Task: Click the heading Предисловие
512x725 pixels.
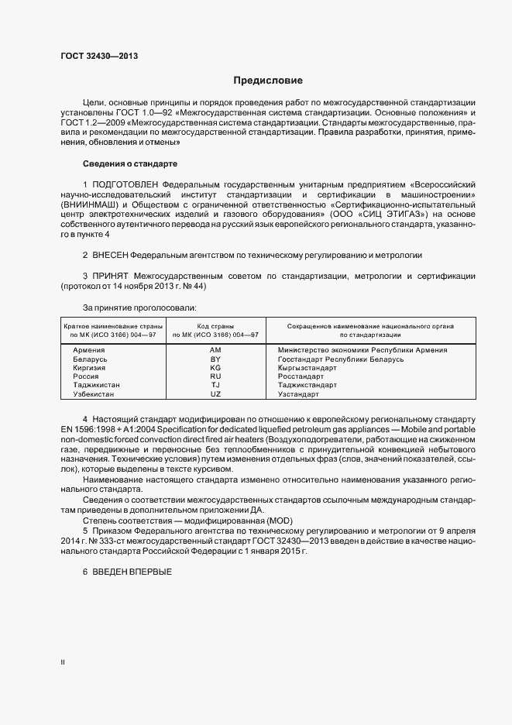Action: pyautogui.click(x=269, y=80)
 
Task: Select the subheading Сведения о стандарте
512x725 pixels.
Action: pyautogui.click(x=130, y=164)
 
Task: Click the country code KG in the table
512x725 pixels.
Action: pyautogui.click(x=215, y=369)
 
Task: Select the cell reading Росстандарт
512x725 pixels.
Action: pyautogui.click(x=301, y=376)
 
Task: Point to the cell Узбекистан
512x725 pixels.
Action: pyautogui.click(x=92, y=394)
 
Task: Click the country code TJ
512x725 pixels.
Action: pyautogui.click(x=215, y=385)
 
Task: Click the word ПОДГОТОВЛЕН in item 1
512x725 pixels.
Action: pyautogui.click(x=125, y=185)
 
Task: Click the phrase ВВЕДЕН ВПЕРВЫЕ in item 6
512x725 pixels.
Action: pyautogui.click(x=131, y=571)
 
